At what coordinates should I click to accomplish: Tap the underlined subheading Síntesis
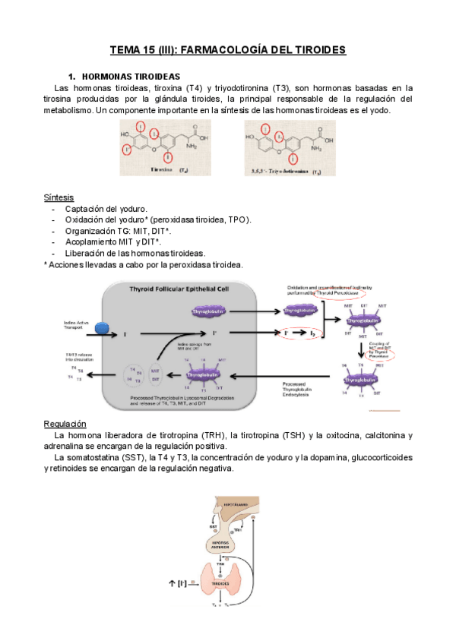tap(59, 197)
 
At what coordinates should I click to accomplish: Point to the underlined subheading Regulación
tap(65, 423)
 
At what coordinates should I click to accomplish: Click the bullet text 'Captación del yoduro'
tap(106, 209)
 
